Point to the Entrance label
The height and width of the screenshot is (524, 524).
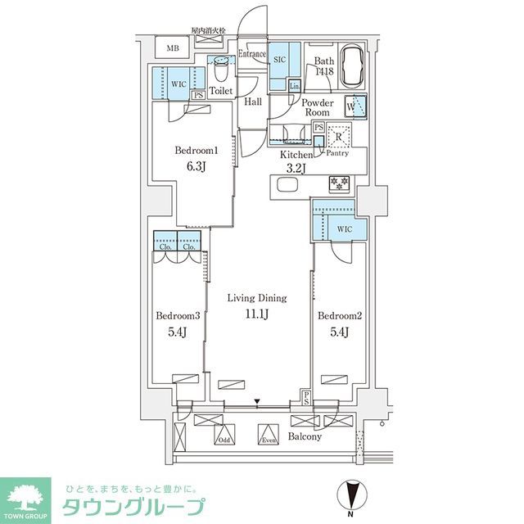pyautogui.click(x=252, y=55)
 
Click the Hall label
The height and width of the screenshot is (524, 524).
pyautogui.click(x=253, y=101)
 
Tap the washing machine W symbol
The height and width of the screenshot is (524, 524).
pyautogui.click(x=353, y=106)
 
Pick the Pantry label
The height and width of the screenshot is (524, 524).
pyautogui.click(x=338, y=153)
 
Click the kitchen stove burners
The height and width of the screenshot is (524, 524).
pyautogui.click(x=337, y=182)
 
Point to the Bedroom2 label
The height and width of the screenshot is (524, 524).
pyautogui.click(x=335, y=316)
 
